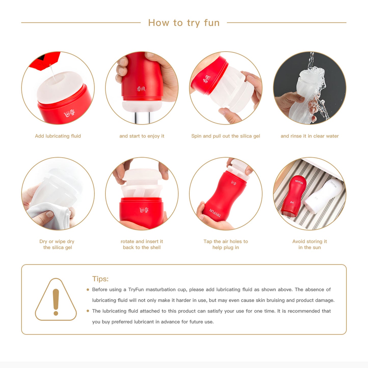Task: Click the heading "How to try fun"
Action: (x=184, y=23)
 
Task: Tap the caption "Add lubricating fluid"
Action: (x=58, y=136)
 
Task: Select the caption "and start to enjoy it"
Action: (x=142, y=136)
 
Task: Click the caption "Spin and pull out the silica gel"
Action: (x=226, y=136)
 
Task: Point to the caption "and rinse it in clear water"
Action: (x=310, y=136)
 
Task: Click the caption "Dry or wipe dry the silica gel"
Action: (x=57, y=244)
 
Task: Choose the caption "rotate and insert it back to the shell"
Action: (x=142, y=244)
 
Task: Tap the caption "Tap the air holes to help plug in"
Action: (x=226, y=244)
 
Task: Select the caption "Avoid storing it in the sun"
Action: (x=310, y=244)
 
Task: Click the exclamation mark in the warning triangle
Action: (x=56, y=302)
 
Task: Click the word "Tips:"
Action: (x=100, y=279)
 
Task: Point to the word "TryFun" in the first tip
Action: (x=136, y=290)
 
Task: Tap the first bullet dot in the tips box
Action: (x=88, y=290)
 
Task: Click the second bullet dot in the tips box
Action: (x=88, y=311)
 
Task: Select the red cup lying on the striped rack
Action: (x=294, y=196)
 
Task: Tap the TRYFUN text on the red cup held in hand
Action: (x=215, y=213)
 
